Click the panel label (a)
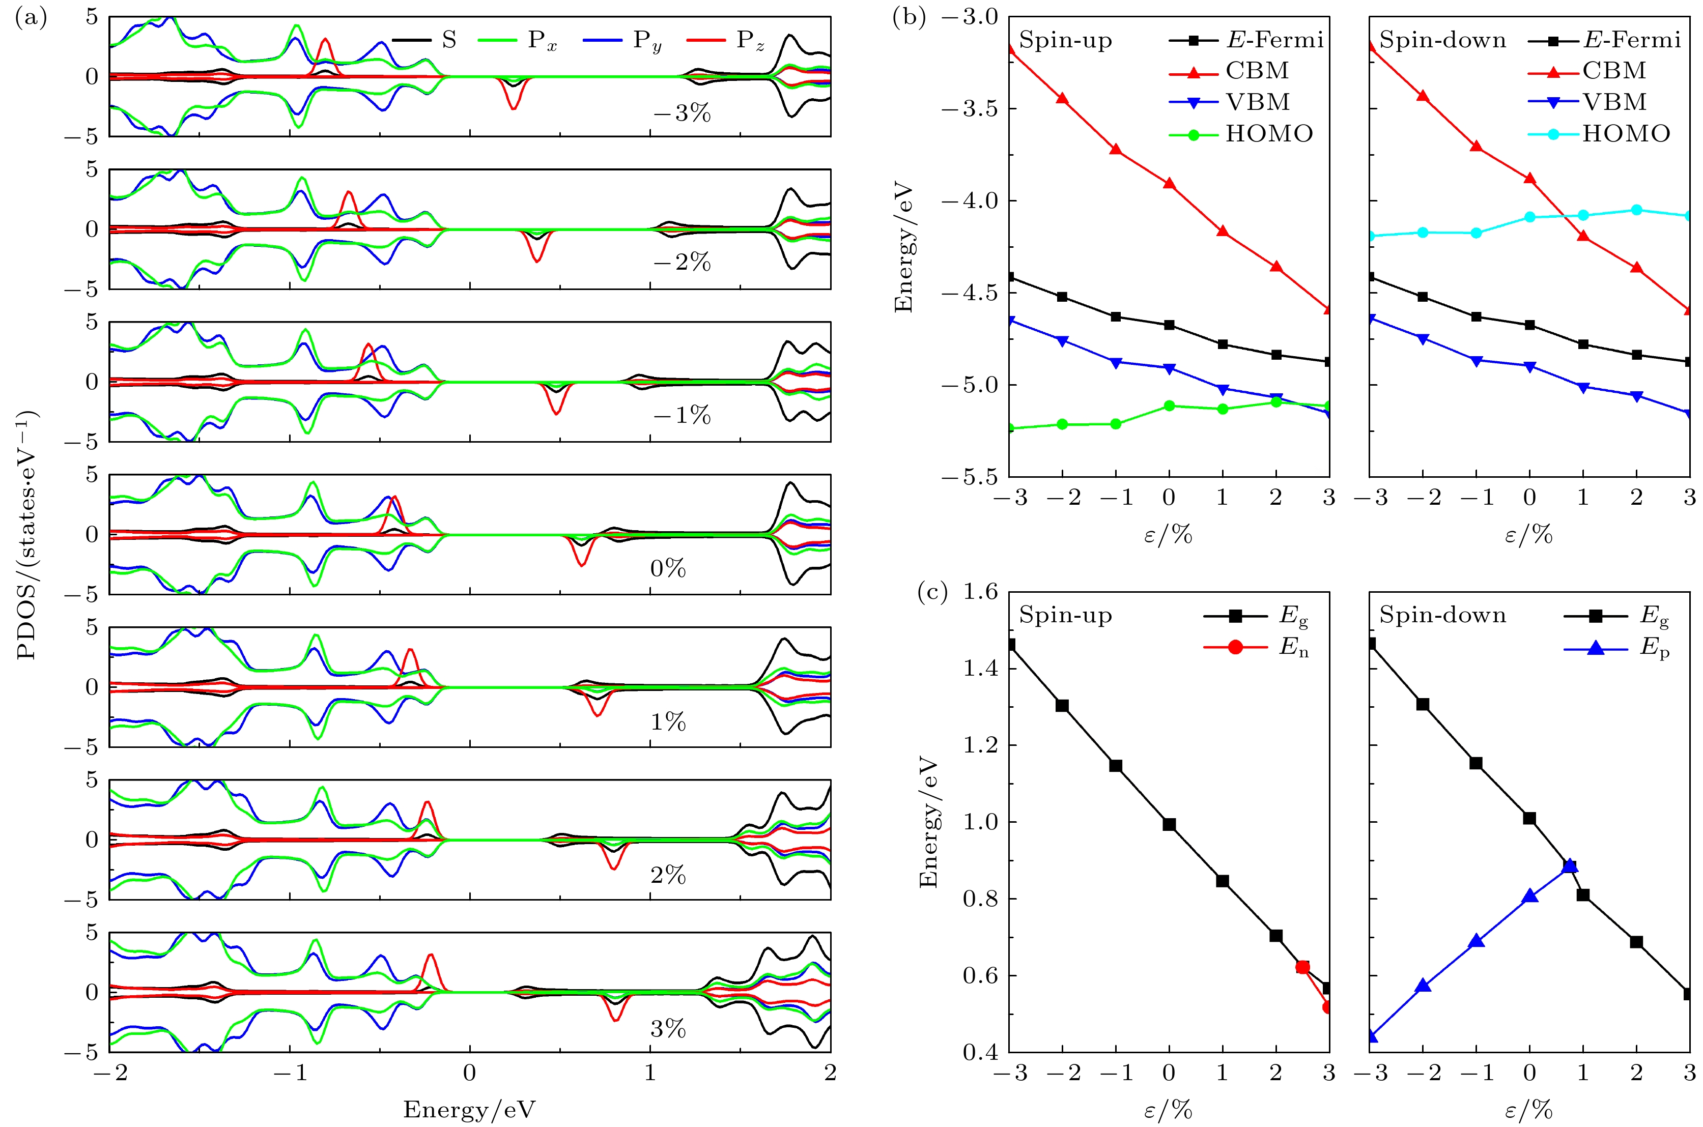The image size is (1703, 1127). (30, 19)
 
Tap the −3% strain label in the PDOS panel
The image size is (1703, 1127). (682, 113)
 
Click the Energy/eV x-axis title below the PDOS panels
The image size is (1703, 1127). (469, 1109)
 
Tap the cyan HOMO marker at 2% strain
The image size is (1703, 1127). (1637, 210)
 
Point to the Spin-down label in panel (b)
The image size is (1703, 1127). (1442, 40)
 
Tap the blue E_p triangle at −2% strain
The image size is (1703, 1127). (1423, 986)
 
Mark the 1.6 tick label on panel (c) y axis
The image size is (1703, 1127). (981, 592)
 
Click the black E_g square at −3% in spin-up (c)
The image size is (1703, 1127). (1010, 645)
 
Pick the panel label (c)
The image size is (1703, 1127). (931, 592)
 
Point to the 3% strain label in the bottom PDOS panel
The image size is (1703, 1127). (667, 1028)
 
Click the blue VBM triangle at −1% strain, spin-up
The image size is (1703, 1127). (1116, 363)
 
